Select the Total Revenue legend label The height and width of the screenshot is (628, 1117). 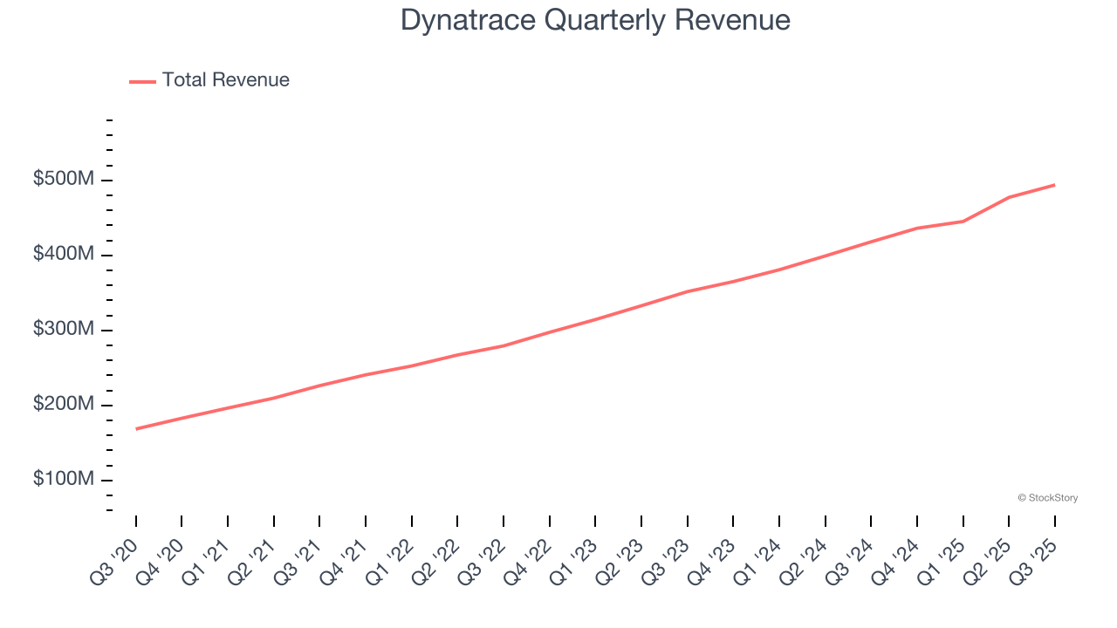tap(225, 80)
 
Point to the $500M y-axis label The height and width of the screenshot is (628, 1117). tap(64, 180)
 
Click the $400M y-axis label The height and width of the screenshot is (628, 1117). tap(64, 255)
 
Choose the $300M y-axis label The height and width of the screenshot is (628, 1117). tap(64, 330)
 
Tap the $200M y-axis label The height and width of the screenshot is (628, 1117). tap(64, 405)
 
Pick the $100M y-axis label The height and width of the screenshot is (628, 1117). tap(64, 480)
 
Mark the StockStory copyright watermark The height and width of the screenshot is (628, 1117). tap(1047, 498)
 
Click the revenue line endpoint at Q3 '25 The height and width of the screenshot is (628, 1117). tap(1054, 185)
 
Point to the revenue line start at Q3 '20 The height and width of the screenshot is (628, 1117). tap(136, 429)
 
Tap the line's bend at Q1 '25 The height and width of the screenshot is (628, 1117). tap(963, 222)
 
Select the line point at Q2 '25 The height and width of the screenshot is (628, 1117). tap(1009, 197)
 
